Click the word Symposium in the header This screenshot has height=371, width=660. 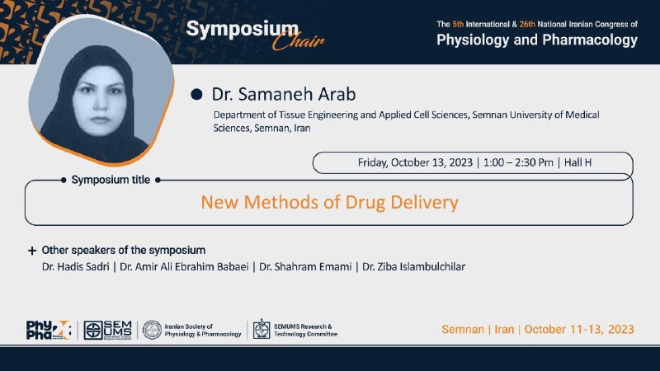tap(242, 31)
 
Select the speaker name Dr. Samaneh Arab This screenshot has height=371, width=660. tap(284, 94)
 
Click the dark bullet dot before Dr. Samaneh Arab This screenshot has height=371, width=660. tap(196, 94)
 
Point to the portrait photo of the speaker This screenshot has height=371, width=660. tap(100, 92)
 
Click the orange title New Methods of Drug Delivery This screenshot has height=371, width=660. tap(329, 202)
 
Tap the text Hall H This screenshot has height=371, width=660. tap(577, 162)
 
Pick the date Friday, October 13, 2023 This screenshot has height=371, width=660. tap(415, 162)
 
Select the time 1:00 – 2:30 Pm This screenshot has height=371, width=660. tap(518, 162)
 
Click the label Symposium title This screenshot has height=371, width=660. tap(111, 180)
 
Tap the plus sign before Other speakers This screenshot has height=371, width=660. tap(32, 251)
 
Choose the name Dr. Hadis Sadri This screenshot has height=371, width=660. tap(76, 266)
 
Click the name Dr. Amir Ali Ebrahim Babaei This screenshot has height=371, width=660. tap(184, 266)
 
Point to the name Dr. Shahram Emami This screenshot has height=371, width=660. tap(305, 266)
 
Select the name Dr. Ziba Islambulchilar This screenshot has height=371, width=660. tap(414, 266)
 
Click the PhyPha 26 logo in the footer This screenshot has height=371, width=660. tap(49, 330)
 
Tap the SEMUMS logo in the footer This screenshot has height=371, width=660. tap(108, 330)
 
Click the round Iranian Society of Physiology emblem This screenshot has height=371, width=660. tap(152, 330)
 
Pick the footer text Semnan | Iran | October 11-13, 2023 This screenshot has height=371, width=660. tap(538, 329)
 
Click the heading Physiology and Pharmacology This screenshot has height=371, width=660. tap(537, 40)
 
